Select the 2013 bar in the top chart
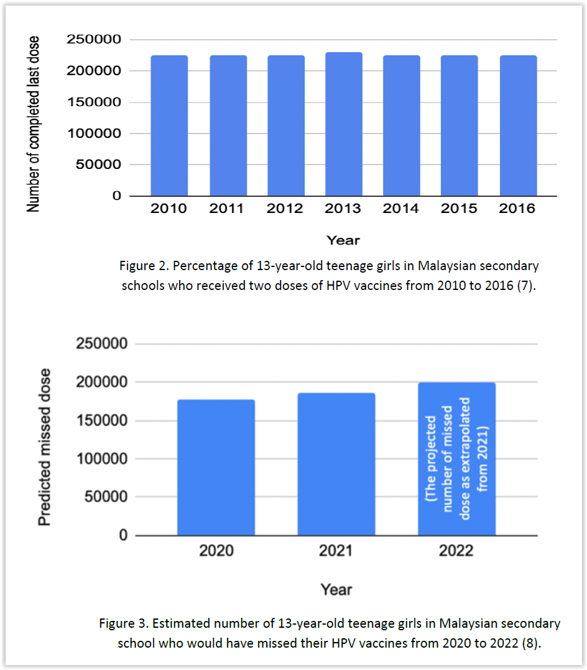(343, 124)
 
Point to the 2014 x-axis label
(401, 209)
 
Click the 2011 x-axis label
(227, 209)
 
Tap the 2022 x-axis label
(456, 551)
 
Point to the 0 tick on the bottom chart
(121, 535)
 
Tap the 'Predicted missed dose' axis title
(45, 447)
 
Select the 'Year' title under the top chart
(343, 240)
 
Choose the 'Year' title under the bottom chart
(336, 589)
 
